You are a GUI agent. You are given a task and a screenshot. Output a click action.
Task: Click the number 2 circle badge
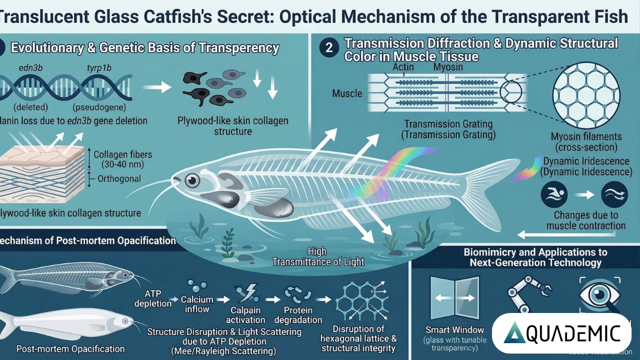point(329,49)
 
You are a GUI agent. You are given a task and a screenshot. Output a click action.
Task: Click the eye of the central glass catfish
point(192,180)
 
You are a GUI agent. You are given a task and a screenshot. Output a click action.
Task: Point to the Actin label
point(403,67)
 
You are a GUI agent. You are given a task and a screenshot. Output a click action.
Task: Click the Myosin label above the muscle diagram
point(448,67)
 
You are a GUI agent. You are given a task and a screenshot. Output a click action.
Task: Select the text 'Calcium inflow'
point(197,304)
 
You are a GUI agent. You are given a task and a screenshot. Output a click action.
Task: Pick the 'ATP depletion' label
point(153,298)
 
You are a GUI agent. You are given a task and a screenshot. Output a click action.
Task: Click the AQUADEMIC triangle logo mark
point(513,332)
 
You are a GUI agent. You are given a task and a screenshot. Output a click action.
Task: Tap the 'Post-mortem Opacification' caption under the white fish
point(70,348)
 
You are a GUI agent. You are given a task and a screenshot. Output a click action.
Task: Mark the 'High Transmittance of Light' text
point(318,256)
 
